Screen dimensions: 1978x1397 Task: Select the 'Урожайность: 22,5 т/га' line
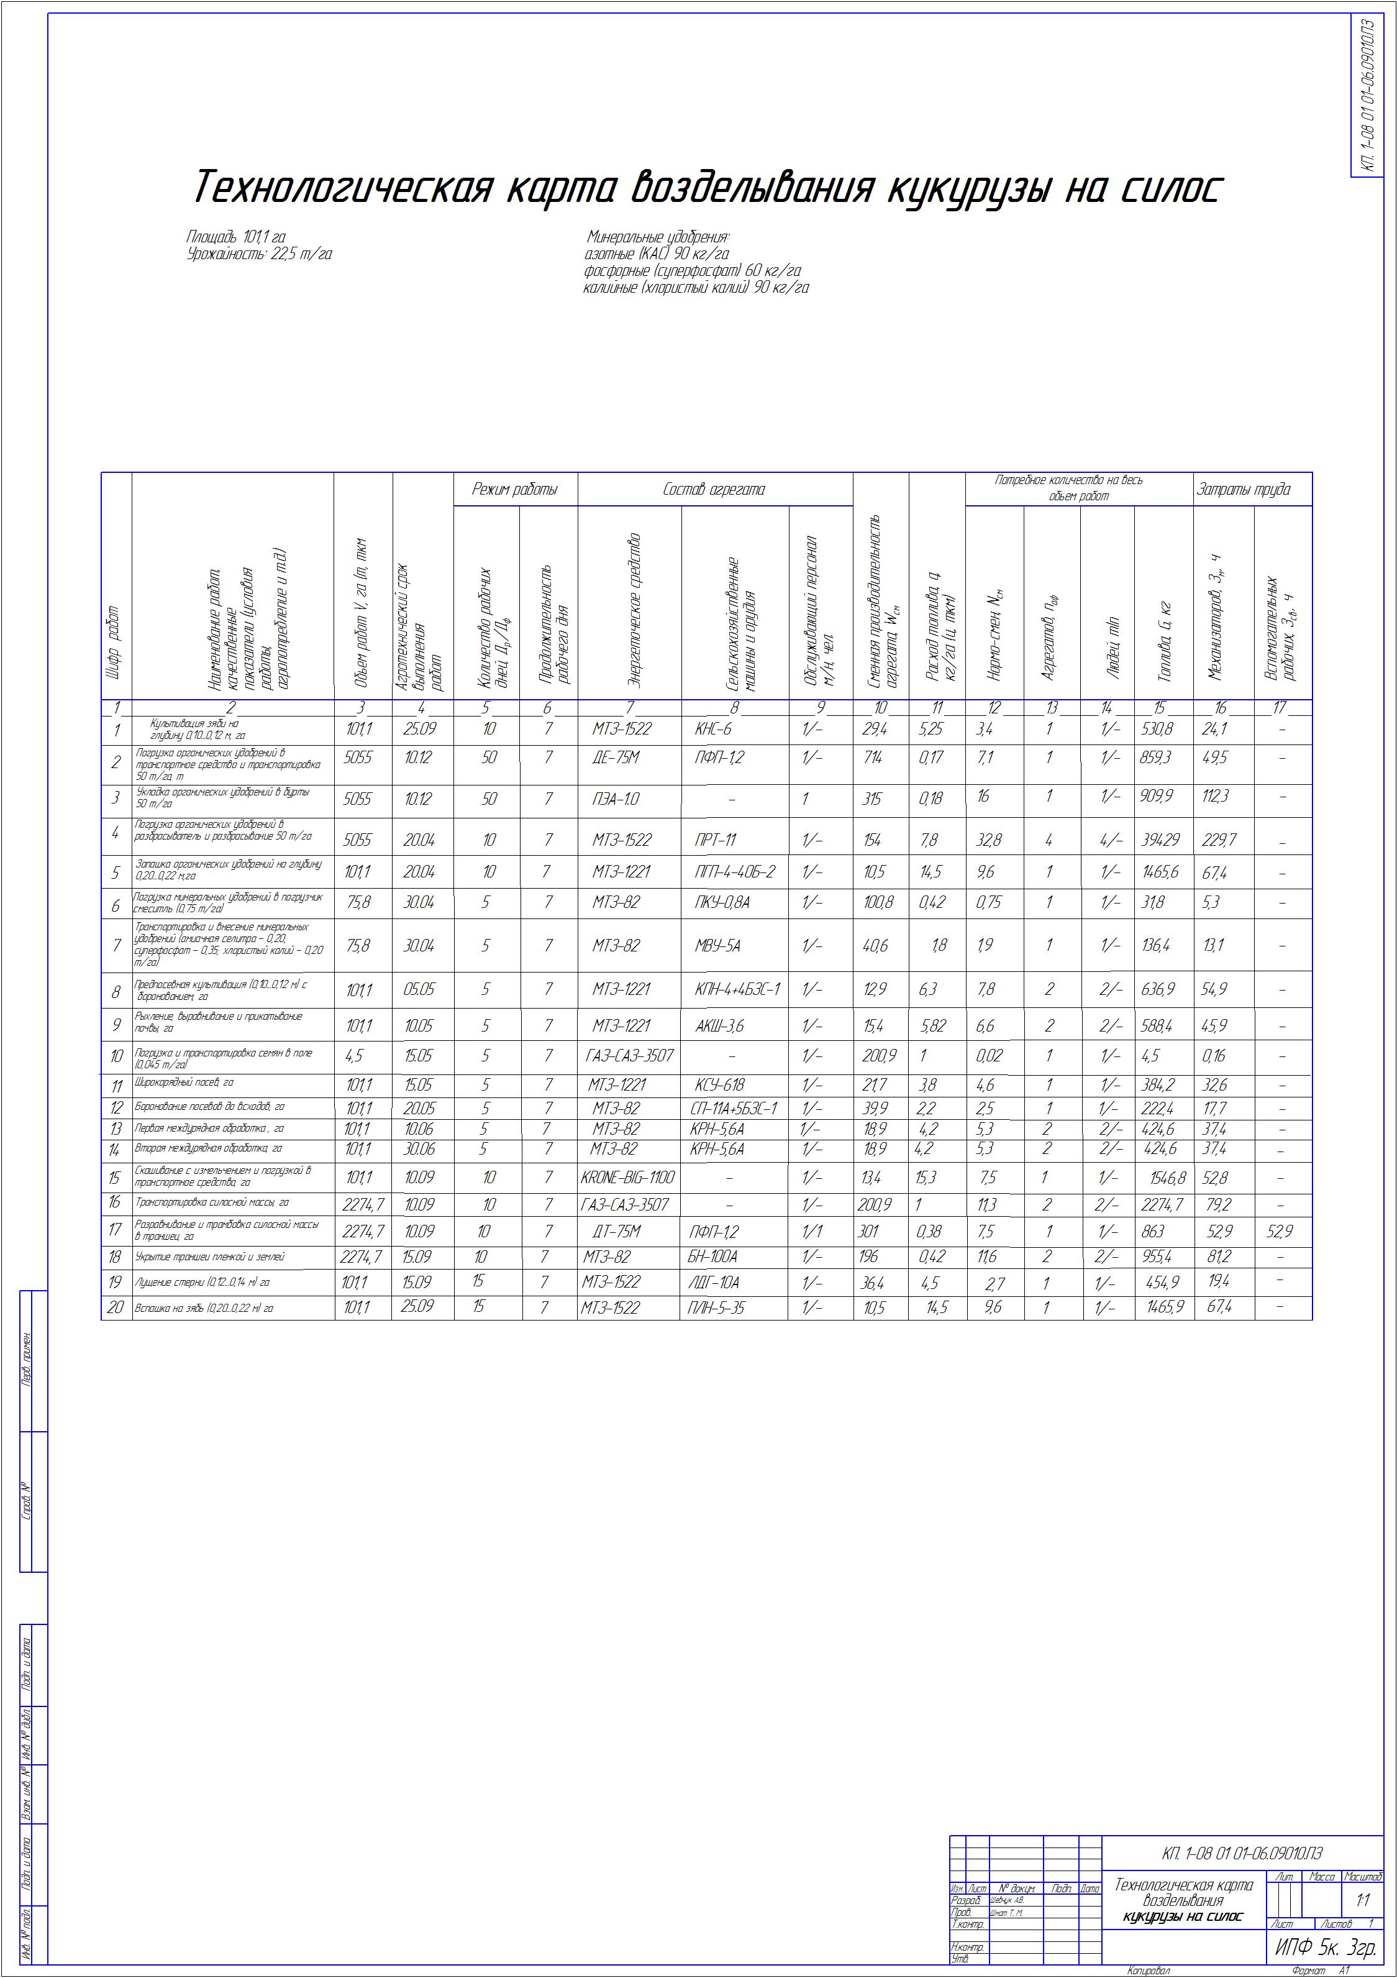259,254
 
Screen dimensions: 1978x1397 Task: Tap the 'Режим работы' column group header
515,489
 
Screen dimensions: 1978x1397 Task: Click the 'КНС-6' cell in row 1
712,730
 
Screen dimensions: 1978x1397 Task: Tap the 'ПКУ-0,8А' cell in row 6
722,903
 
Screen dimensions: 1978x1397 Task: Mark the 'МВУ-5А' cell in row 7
717,946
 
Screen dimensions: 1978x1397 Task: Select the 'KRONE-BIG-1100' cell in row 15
628,1178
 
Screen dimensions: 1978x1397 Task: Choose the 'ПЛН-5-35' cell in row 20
717,1307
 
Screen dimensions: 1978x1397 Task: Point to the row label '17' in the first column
116,1230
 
